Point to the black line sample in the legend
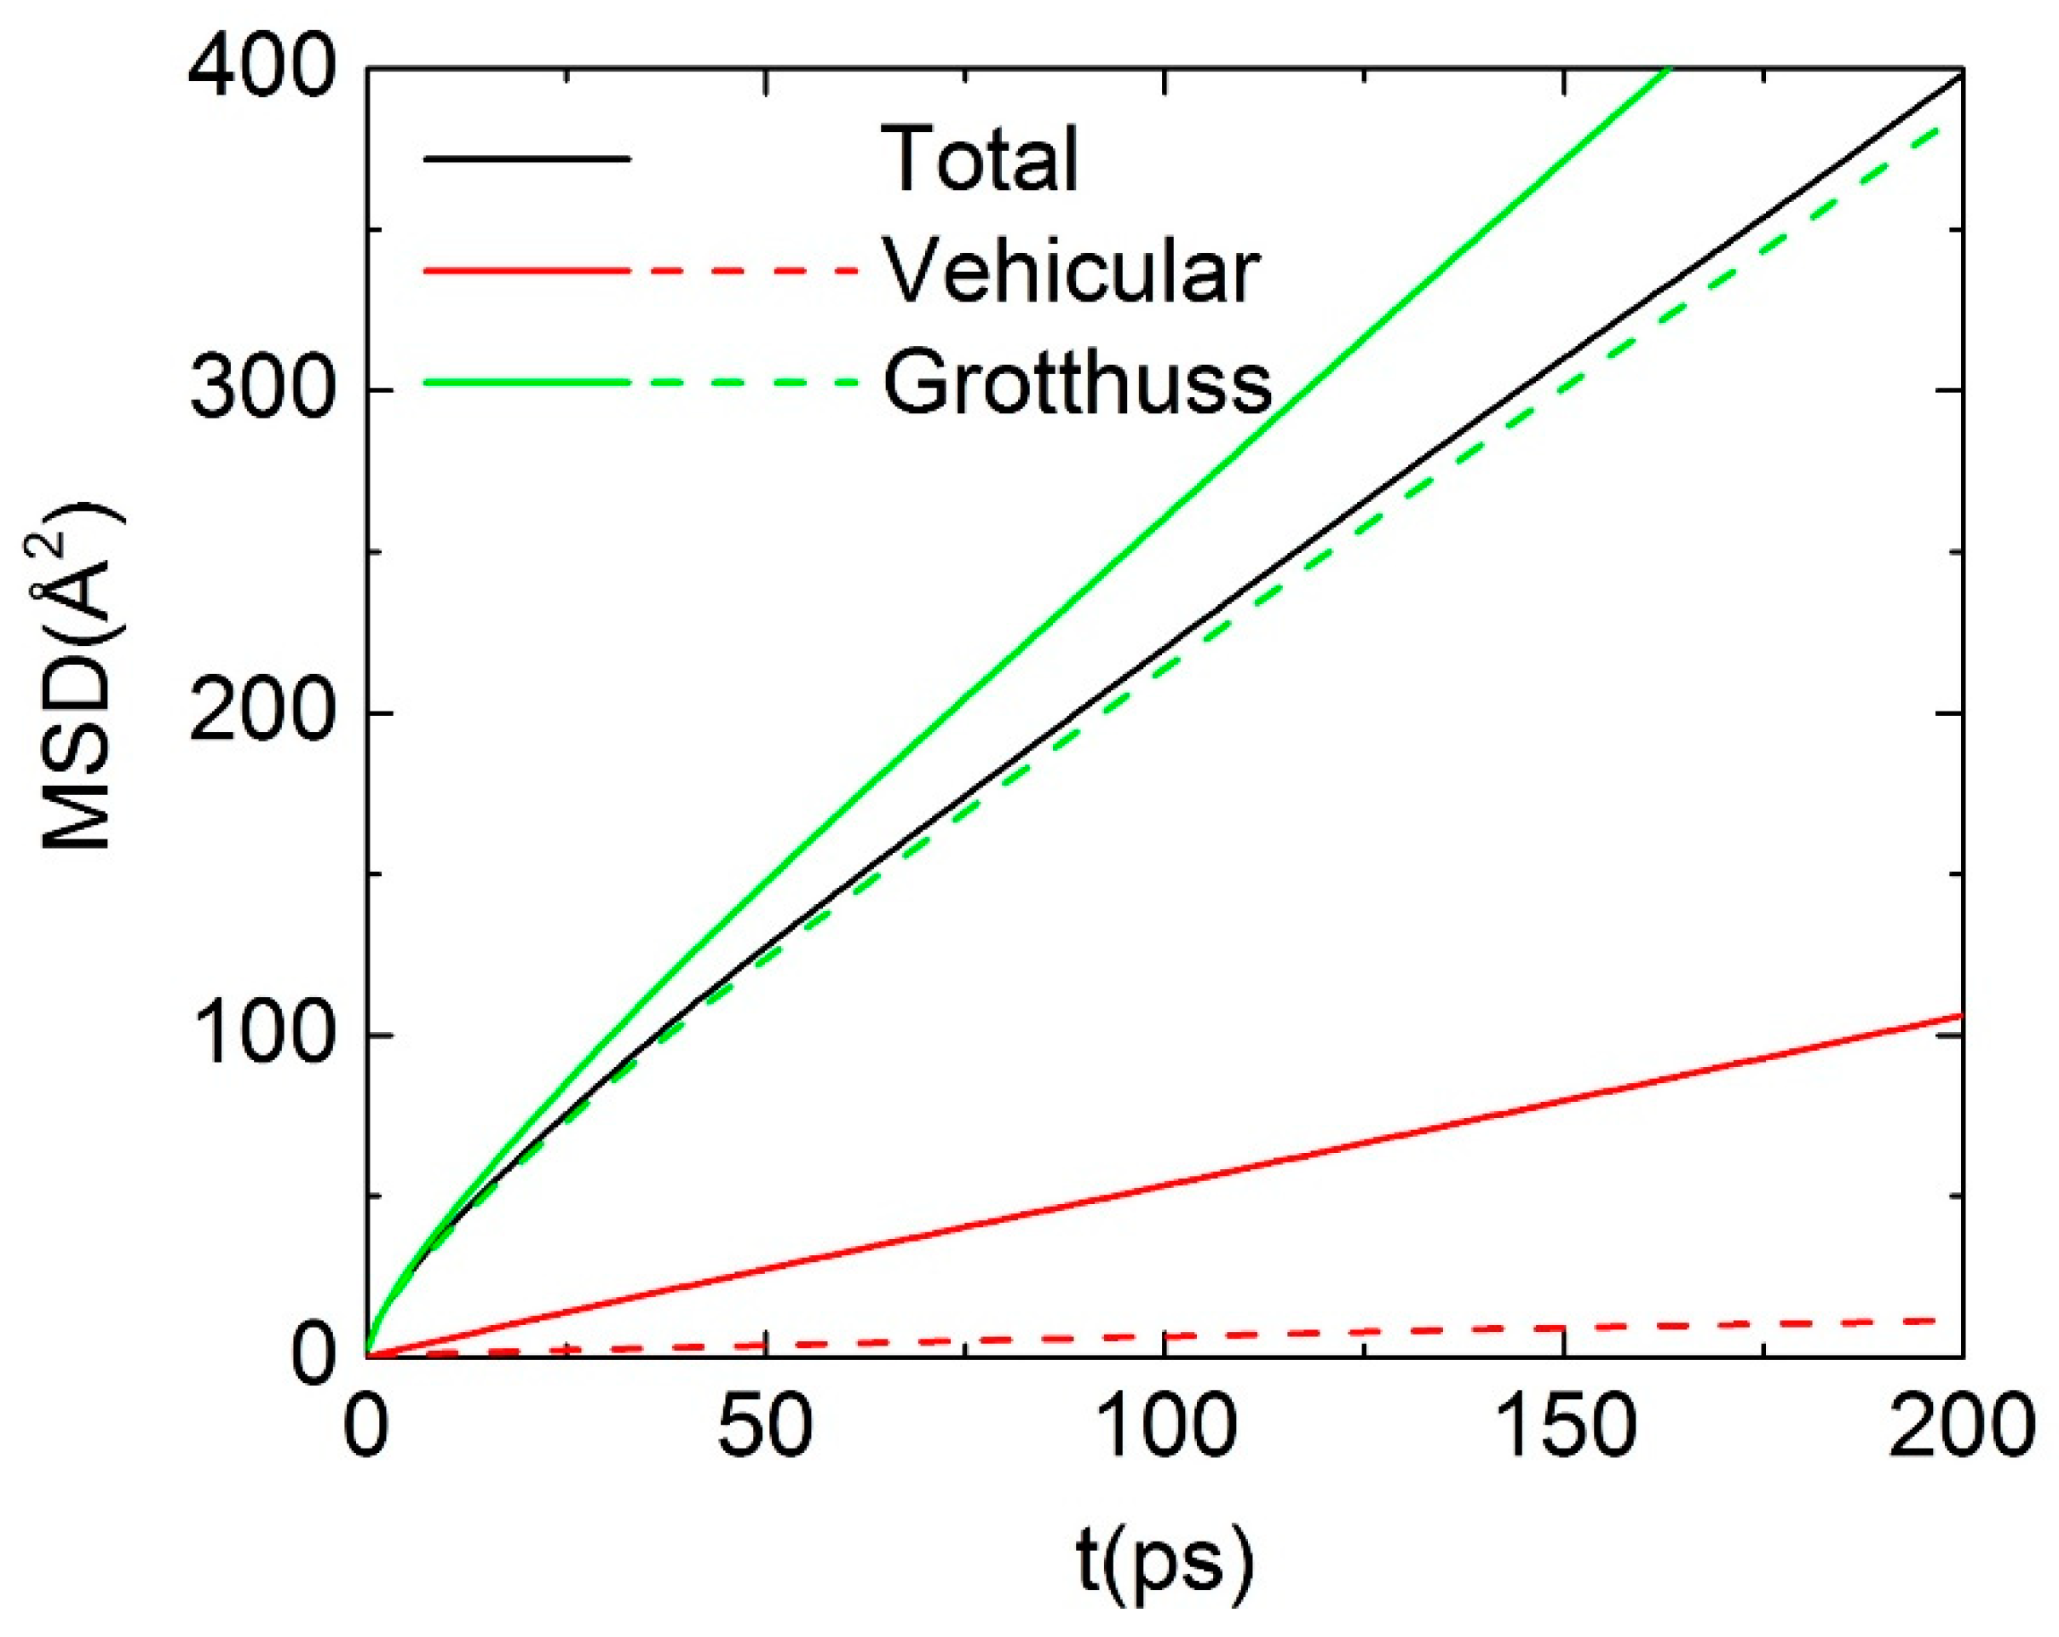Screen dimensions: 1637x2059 526,159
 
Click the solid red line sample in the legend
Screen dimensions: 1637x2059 526,270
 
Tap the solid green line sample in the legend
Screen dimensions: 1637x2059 526,382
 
